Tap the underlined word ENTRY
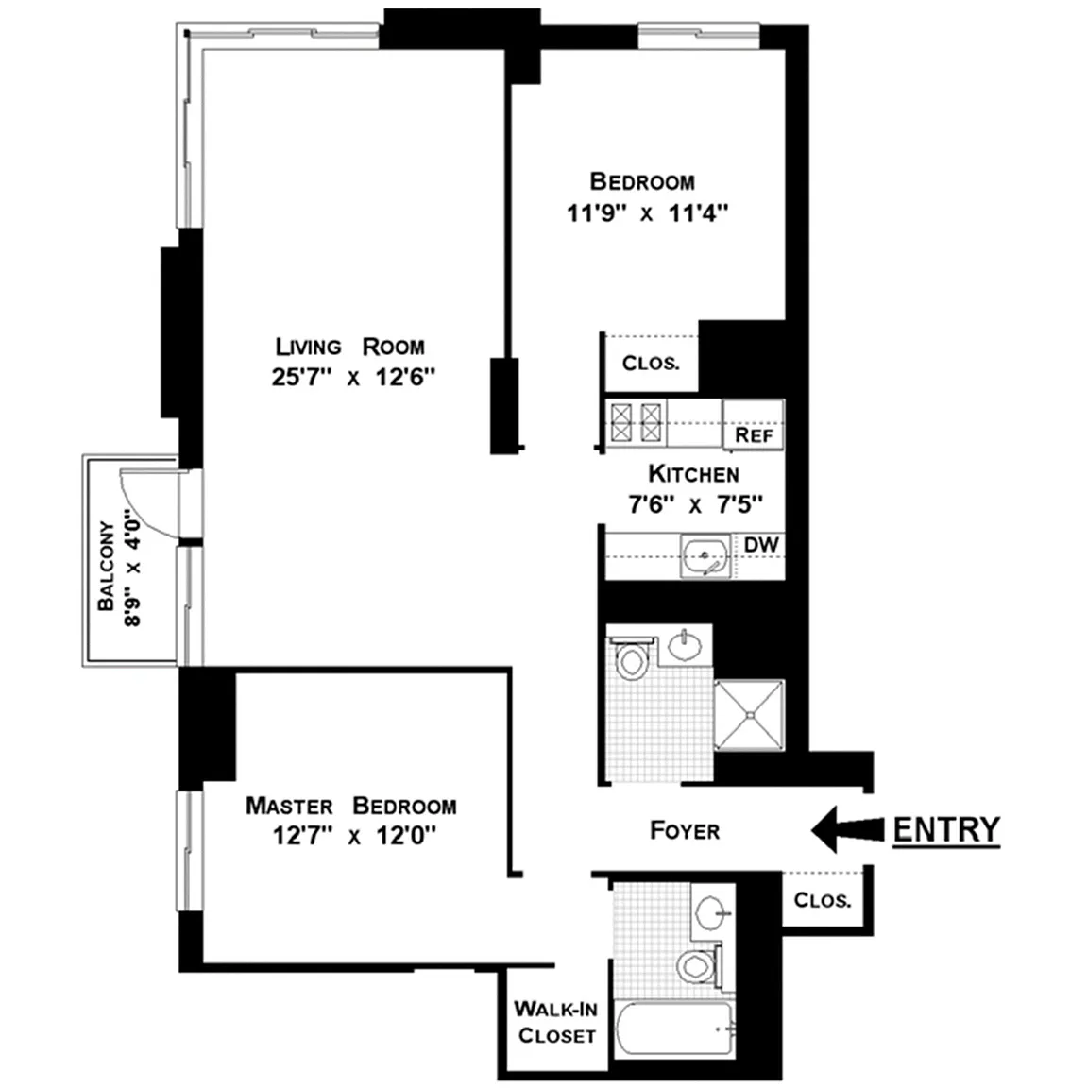[946, 830]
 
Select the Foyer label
[684, 830]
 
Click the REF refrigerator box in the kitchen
[754, 425]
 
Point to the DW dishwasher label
[761, 545]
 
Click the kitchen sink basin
[705, 555]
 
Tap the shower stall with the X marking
[749, 715]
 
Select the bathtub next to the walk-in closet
[673, 1029]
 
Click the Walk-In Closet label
[555, 1022]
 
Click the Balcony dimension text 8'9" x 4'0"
[132, 568]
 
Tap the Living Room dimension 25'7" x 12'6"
[353, 378]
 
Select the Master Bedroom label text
[351, 806]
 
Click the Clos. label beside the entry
[823, 900]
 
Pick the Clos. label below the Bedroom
[651, 363]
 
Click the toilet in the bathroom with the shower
[631, 658]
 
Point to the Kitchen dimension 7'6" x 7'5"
[695, 503]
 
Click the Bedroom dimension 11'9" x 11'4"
[647, 213]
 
